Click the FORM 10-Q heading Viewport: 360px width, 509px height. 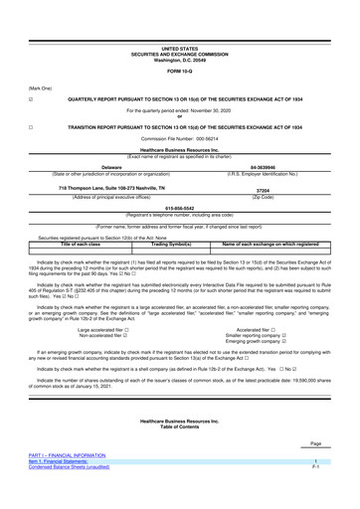[180, 41]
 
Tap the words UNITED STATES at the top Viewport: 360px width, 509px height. [180, 20]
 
